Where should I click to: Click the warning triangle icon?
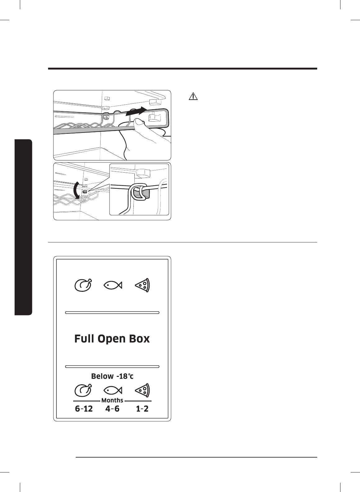point(193,96)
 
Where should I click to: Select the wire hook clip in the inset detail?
point(138,192)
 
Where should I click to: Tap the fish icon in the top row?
point(112,285)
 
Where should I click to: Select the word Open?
point(113,339)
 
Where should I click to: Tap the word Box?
point(140,339)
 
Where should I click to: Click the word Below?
point(102,376)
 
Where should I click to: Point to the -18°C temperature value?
point(125,376)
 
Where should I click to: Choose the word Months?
point(112,400)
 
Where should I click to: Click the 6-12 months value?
point(84,409)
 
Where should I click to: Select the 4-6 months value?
point(112,409)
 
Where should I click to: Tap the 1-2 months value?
point(142,409)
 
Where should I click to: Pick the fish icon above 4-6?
point(112,390)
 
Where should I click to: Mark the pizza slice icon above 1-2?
point(142,390)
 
